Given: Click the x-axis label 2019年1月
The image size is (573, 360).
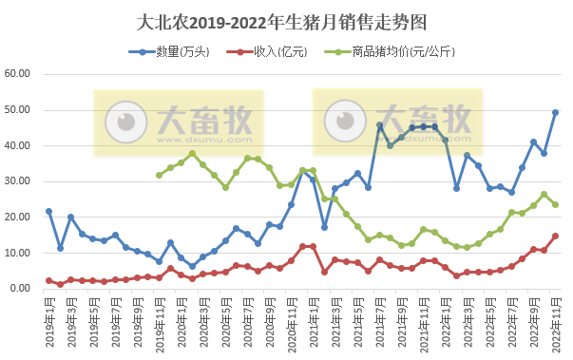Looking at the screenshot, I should tap(48, 323).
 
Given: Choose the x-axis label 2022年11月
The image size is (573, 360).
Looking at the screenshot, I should tap(555, 323).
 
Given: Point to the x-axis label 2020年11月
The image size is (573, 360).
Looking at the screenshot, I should tap(291, 323).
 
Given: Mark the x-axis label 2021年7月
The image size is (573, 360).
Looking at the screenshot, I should tap(379, 323).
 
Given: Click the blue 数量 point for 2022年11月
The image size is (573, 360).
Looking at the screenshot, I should tap(555, 113).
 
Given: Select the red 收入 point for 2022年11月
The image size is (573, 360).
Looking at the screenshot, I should tap(555, 237).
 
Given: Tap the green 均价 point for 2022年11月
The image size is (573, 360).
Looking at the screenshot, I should tap(555, 204).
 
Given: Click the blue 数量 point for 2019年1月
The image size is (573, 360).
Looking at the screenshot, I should tap(48, 212).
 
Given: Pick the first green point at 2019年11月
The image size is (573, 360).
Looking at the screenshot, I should tap(159, 175).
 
